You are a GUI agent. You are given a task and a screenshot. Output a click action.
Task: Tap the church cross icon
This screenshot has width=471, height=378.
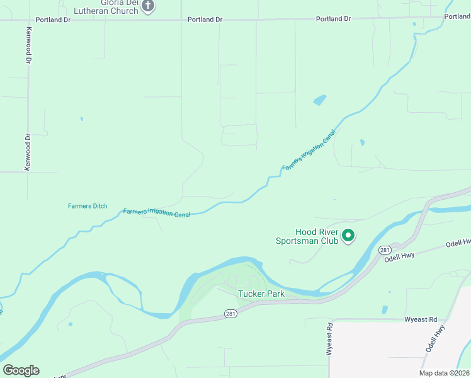tap(148, 6)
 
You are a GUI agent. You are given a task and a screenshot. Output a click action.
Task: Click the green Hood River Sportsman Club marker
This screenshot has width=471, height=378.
tap(348, 236)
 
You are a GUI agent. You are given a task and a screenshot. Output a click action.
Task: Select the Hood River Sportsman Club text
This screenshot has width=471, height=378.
tap(307, 236)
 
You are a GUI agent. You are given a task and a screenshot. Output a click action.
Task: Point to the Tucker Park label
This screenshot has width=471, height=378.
tap(261, 294)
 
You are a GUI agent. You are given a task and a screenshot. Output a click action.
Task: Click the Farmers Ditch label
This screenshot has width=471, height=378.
tap(88, 206)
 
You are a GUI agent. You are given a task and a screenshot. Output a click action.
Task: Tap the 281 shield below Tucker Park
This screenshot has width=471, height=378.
tap(231, 313)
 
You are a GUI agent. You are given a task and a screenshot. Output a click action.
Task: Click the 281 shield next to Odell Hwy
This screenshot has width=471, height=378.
tap(385, 250)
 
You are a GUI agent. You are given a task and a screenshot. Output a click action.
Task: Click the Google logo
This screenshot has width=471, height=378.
tap(21, 370)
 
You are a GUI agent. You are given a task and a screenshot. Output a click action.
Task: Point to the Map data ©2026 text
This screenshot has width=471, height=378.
tap(444, 373)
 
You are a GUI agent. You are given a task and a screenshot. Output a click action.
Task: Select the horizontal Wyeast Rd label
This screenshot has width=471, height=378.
tap(421, 319)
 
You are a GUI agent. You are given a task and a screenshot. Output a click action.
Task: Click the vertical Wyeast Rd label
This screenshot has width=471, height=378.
tap(329, 340)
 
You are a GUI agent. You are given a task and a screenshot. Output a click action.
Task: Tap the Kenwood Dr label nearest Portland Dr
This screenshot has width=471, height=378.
tap(28, 45)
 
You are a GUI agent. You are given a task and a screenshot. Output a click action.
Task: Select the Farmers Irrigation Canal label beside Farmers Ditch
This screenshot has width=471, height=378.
tap(157, 213)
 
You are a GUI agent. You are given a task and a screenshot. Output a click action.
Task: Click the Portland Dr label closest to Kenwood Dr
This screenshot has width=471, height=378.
tap(53, 20)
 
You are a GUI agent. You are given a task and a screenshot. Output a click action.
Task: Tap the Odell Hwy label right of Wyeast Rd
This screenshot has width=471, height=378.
tap(435, 338)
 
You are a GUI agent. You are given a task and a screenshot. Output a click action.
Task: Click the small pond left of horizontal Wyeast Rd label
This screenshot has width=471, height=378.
tap(385, 310)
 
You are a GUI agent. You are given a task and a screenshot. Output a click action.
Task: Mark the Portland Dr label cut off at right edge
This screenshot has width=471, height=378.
tap(457, 17)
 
